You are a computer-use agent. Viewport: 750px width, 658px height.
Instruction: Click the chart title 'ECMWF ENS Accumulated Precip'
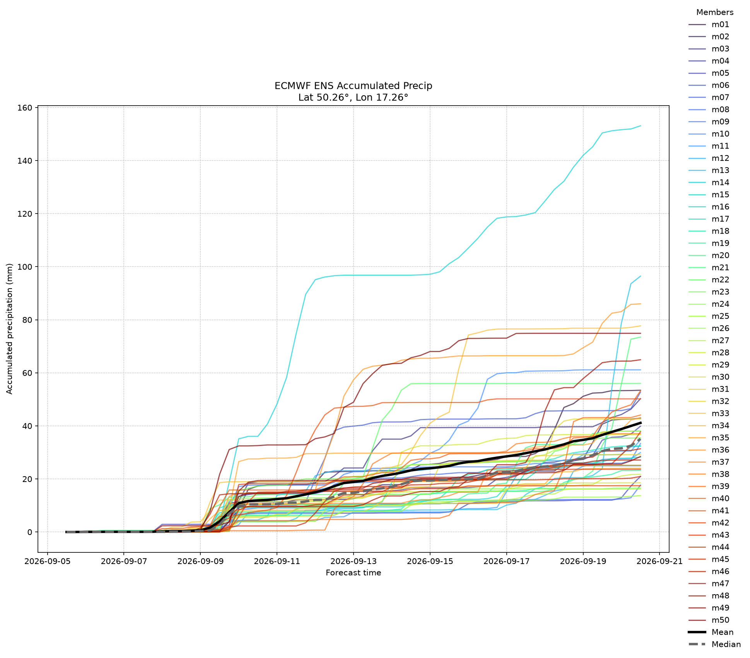pos(353,85)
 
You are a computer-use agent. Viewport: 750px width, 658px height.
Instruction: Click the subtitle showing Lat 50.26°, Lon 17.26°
pos(353,97)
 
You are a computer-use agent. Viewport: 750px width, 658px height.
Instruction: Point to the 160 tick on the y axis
pos(24,108)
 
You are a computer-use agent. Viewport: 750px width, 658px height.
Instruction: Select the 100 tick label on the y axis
pos(24,267)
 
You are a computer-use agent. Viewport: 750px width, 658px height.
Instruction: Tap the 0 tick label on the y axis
pos(29,532)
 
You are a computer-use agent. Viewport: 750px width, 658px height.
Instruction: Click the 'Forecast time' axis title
pos(353,573)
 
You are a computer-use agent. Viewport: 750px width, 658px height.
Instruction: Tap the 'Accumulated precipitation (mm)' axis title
pos(10,329)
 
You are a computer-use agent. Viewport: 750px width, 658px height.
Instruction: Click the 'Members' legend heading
pos(715,12)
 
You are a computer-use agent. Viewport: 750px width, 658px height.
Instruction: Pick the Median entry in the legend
pos(715,644)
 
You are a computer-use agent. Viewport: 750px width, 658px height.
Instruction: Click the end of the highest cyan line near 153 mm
pos(641,126)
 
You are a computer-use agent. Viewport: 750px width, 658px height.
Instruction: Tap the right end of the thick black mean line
pos(641,423)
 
